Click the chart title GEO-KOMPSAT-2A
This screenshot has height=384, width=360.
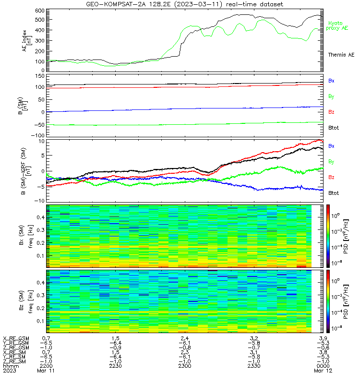click(x=116, y=4)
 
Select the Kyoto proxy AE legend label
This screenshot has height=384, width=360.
click(x=337, y=26)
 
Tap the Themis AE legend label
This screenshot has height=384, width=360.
click(x=341, y=55)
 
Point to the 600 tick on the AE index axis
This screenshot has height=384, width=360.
click(x=40, y=11)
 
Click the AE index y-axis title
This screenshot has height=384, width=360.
click(x=27, y=41)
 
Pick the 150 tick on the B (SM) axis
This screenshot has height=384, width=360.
click(x=40, y=76)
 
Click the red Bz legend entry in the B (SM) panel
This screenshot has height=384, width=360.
click(x=331, y=112)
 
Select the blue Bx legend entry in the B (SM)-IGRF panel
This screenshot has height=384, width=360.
click(x=331, y=146)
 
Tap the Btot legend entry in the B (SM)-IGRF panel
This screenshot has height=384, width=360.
click(x=334, y=193)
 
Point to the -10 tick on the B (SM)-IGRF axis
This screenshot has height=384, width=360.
click(x=39, y=201)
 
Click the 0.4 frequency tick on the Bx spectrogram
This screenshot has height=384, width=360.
click(x=41, y=217)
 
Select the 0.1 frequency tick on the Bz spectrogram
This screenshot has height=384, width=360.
click(x=41, y=321)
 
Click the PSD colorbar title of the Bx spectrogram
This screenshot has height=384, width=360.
click(x=346, y=237)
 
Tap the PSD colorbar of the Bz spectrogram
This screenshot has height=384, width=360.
click(x=328, y=301)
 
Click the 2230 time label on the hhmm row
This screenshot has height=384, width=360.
click(x=115, y=366)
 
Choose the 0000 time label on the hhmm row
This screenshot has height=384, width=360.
click(x=323, y=366)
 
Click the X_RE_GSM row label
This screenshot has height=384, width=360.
click(x=16, y=339)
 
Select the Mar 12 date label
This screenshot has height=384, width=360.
click(x=323, y=371)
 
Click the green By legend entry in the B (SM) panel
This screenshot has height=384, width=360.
click(x=331, y=96)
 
